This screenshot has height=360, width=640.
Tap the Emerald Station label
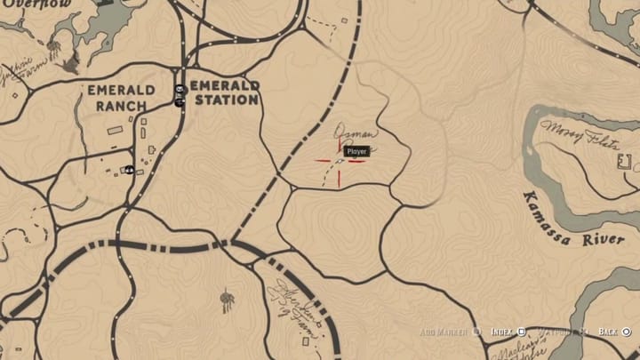[x=225, y=92]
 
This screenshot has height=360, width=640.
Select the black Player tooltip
[x=356, y=152]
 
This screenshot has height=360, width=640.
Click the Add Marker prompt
[x=449, y=332]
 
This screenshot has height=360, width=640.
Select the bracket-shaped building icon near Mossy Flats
[x=624, y=163]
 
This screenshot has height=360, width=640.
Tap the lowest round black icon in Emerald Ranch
[x=130, y=169]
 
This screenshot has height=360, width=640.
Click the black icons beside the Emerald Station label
[x=180, y=94]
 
